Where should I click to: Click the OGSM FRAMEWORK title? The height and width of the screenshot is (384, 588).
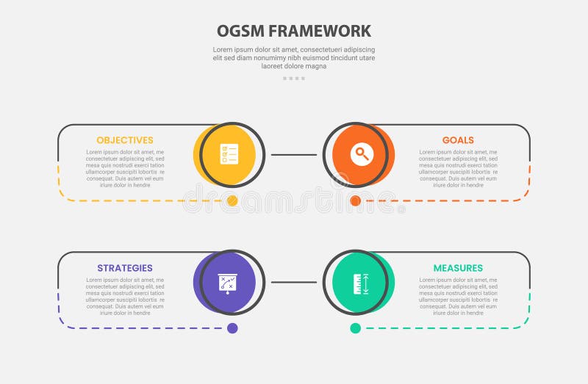point(294,31)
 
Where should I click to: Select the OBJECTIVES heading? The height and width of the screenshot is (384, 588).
point(125,140)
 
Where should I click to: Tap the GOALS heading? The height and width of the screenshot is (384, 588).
point(458,140)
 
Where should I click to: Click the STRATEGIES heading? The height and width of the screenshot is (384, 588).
point(125,268)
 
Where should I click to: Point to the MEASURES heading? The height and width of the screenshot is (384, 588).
point(458,268)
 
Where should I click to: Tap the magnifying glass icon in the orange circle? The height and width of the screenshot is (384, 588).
point(360,155)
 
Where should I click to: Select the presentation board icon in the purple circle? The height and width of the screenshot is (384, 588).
point(227,283)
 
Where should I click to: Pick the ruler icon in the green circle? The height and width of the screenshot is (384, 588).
point(360,283)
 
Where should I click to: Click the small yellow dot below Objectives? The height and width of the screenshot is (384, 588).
point(232,200)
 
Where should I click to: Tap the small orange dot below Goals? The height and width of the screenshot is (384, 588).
point(356,200)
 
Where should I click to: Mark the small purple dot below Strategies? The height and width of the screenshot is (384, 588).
point(232,328)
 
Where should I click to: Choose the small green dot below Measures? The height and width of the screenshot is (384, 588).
point(356,328)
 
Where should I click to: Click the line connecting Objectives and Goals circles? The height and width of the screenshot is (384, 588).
point(294,155)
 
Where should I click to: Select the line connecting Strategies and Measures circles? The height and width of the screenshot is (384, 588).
point(294,282)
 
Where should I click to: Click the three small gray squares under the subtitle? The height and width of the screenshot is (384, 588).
point(294,78)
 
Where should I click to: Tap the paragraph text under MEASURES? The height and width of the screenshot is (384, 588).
point(458,297)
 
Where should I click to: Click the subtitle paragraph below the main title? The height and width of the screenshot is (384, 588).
point(294,57)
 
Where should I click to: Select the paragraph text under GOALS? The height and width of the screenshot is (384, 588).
point(458,169)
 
